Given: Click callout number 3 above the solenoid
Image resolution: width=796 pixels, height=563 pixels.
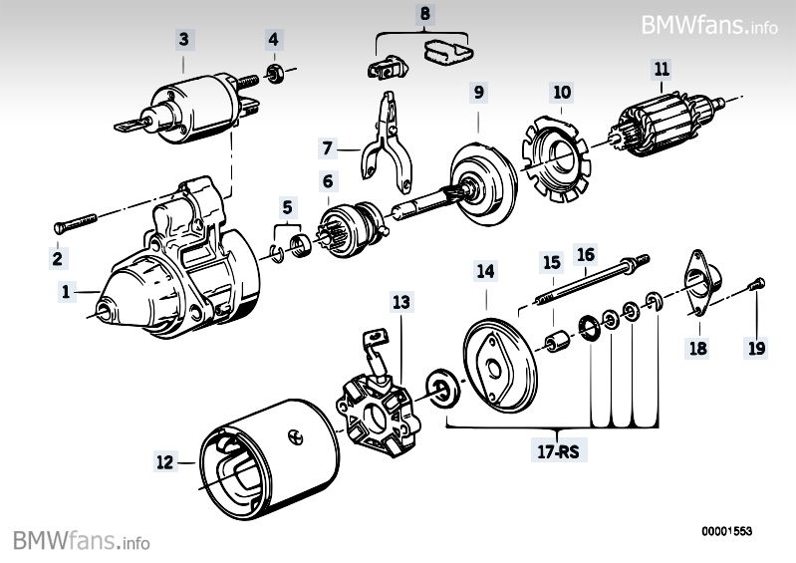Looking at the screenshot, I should point(183,40).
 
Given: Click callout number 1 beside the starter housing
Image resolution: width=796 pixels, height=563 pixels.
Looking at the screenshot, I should point(66,292).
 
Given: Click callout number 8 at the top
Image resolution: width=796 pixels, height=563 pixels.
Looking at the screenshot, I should point(425,15).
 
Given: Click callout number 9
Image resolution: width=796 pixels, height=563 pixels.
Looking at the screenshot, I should point(479,93).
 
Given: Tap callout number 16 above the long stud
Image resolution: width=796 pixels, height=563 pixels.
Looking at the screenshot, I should point(586,255).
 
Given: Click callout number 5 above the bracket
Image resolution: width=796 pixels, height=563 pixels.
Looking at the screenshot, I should point(288,208).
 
